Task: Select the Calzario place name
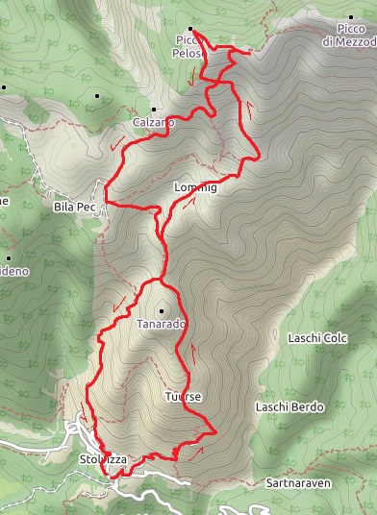(154, 123)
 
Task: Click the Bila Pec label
(74, 207)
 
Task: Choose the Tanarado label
(162, 324)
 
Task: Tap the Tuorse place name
(181, 396)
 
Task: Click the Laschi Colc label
(316, 338)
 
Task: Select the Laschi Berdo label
(290, 407)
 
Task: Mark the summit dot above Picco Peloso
(190, 29)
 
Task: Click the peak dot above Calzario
(153, 110)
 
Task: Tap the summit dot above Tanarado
(162, 310)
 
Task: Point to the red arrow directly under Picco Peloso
(196, 75)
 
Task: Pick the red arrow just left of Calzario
(117, 144)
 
